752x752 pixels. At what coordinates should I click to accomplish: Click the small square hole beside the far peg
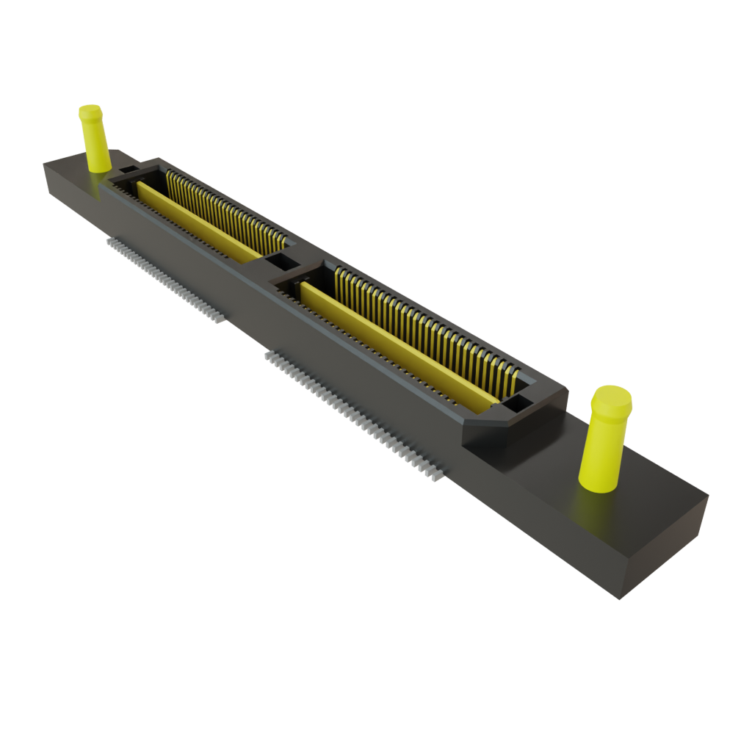128,170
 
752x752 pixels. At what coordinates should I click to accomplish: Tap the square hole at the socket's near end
517,402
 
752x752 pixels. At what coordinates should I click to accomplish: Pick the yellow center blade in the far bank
198,220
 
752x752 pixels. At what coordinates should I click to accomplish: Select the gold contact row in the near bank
426,330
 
